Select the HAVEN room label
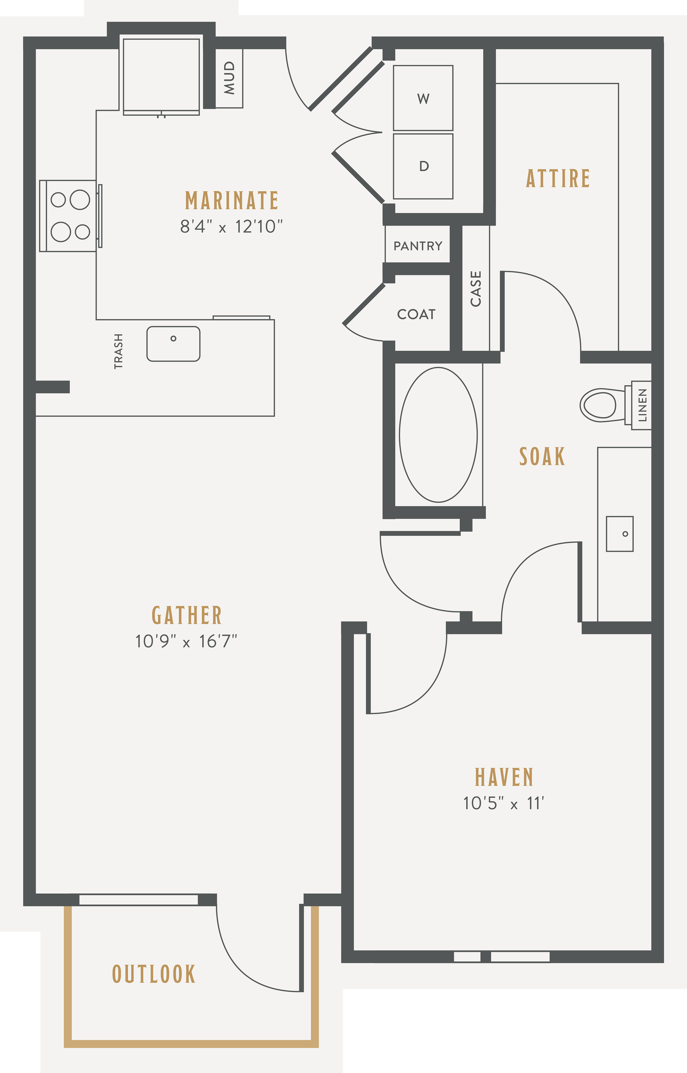pos(504,777)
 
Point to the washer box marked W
pos(423,98)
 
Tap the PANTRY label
pos(418,246)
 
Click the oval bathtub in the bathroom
pos(438,435)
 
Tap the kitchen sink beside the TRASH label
pos(173,343)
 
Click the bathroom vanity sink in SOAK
pos(620,534)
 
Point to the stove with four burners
pos(69,216)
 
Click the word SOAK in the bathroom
pos(542,457)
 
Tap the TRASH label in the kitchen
pos(118,351)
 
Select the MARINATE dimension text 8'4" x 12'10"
pos(232,227)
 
